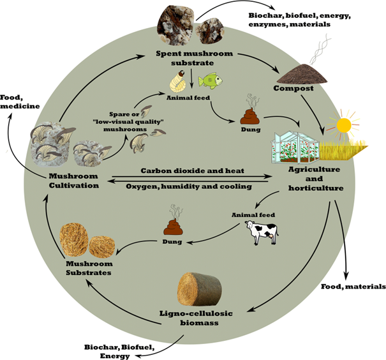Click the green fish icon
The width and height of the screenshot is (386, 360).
(211, 80)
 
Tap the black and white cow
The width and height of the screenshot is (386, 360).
(262, 232)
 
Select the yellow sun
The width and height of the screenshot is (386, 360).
(344, 125)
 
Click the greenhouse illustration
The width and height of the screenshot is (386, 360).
(295, 147)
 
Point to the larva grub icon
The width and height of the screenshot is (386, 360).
(178, 80)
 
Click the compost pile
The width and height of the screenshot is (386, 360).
(302, 74)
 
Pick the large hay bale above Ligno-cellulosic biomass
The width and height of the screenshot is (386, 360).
(200, 289)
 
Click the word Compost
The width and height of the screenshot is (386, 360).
(293, 88)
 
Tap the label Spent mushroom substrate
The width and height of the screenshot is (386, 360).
(194, 58)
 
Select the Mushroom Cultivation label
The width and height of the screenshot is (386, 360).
(74, 181)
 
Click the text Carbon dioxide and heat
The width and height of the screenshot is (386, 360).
(193, 170)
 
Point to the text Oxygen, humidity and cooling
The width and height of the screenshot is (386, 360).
(189, 186)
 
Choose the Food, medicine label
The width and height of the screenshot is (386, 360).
(20, 101)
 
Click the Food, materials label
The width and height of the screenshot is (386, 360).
(353, 287)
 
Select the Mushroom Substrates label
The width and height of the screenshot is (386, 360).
(89, 268)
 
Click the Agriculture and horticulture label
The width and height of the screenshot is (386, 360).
(316, 179)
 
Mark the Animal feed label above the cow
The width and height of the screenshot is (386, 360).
(253, 215)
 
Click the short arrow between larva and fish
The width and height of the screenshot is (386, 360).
(192, 78)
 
